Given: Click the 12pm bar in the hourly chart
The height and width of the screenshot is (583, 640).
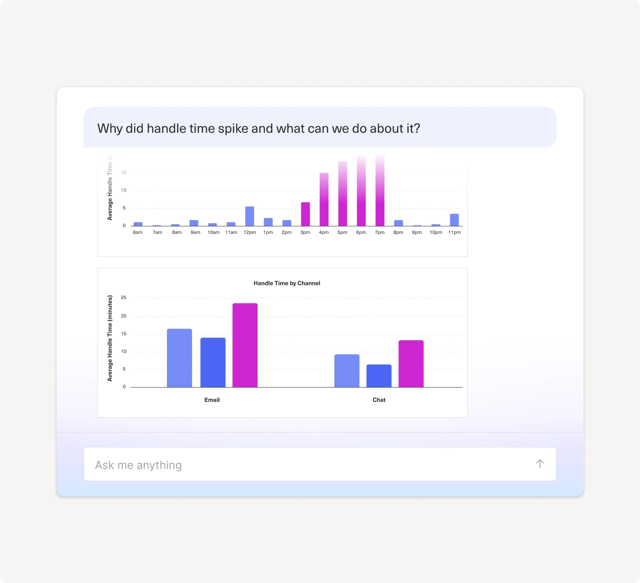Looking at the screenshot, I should point(250,216).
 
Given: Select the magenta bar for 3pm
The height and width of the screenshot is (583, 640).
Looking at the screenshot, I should point(305,214).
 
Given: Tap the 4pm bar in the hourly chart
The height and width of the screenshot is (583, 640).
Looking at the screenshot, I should point(324,200).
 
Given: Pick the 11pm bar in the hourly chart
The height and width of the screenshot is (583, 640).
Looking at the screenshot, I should point(454,220).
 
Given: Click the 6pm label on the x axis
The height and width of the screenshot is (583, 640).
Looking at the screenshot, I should point(361,233).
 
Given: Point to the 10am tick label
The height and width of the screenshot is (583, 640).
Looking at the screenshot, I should point(213,233).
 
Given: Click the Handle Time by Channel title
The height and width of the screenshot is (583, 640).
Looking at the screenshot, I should point(287,283).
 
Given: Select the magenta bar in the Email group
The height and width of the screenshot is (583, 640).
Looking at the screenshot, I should point(245,345).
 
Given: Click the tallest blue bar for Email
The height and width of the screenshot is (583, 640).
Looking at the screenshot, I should point(179,358).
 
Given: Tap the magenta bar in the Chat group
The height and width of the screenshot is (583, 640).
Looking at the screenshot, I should point(411,364).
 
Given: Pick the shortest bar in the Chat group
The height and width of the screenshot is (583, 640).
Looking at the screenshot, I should point(379,376).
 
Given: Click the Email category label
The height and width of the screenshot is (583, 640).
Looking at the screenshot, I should point(212,400).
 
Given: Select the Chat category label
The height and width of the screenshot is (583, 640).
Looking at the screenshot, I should point(379,400).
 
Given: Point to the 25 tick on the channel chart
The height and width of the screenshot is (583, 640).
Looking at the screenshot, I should point(123,298).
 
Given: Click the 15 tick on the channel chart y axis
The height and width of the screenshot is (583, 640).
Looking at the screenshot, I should point(123,334).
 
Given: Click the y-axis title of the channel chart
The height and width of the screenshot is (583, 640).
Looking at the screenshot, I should point(110,338).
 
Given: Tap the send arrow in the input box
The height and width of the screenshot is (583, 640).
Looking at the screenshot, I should point(540,464).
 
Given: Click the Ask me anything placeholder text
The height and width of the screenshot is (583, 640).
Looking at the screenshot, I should point(138,465).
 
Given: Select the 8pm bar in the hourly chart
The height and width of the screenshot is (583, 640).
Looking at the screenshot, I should point(398,223).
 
